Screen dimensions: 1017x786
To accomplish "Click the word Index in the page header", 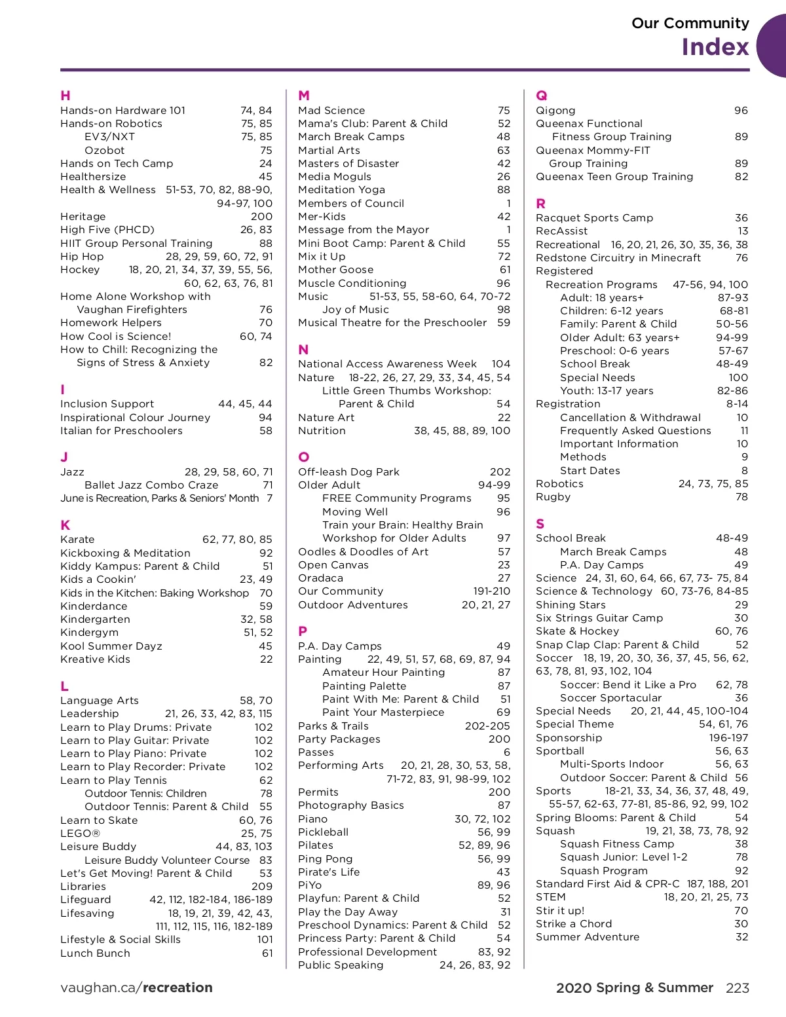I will click(x=715, y=47).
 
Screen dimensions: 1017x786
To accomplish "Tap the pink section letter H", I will click(x=65, y=96).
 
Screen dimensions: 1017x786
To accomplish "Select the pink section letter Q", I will click(x=542, y=96).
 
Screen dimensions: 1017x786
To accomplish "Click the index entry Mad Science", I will click(x=331, y=111).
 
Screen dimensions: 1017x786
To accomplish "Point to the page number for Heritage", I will click(x=261, y=217).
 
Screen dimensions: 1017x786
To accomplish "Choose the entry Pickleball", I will click(x=323, y=832).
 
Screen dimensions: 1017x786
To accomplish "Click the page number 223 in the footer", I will click(x=737, y=988).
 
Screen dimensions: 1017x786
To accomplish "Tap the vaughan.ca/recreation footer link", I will click(x=136, y=988).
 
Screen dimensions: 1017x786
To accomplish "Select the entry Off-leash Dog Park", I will click(x=348, y=472).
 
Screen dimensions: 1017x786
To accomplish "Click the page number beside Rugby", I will click(x=741, y=497).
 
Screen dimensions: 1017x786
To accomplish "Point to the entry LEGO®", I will click(x=80, y=834).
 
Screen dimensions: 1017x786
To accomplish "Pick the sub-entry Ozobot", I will click(x=104, y=150).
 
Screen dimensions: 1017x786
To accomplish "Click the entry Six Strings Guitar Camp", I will click(x=599, y=618).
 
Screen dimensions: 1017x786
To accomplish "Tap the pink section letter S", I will click(x=540, y=524).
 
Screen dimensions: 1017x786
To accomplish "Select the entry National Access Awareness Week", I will click(x=387, y=364).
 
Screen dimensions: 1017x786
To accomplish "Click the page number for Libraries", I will click(x=262, y=887).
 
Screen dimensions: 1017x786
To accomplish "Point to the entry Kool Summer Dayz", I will click(x=111, y=646).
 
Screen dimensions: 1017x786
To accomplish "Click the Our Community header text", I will click(x=690, y=24).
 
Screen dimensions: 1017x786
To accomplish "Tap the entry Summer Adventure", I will click(x=588, y=937).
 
